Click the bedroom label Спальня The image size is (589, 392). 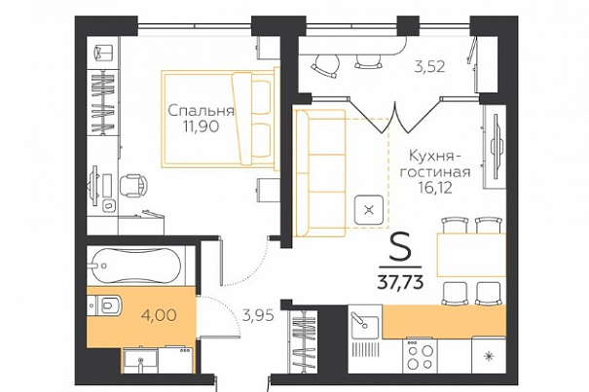tap(201, 111)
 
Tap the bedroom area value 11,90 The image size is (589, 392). tap(201, 126)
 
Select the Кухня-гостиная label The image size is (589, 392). tap(435, 163)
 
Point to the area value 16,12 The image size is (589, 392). tap(436, 187)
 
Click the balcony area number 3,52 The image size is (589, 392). tap(429, 67)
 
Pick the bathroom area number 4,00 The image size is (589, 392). tap(159, 315)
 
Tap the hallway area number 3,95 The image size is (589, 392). tap(258, 315)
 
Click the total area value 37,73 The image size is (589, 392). tap(400, 281)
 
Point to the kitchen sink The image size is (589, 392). tap(364, 325)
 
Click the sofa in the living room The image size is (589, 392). tap(319, 173)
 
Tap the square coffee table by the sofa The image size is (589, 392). tap(369, 210)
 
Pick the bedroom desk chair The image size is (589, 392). tap(133, 186)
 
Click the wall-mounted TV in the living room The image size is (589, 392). tap(496, 147)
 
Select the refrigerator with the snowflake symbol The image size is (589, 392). tap(489, 355)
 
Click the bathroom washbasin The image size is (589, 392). tap(141, 361)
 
